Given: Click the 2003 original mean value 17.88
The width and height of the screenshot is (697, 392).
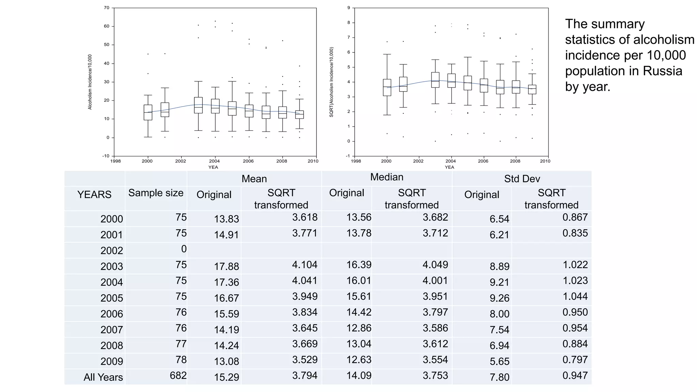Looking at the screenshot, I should (x=226, y=266).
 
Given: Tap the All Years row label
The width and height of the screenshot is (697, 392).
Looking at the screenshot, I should (x=103, y=377).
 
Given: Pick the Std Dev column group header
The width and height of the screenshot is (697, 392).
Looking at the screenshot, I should (x=522, y=179).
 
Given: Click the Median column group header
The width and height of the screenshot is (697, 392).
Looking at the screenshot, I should (x=387, y=177).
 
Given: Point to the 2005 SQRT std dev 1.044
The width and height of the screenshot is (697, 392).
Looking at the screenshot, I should (x=575, y=296).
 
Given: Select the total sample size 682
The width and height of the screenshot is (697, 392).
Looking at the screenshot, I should (x=178, y=375).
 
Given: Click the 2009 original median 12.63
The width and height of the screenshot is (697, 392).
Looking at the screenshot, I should (x=359, y=360).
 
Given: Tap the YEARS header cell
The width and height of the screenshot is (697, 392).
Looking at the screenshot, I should (x=94, y=195).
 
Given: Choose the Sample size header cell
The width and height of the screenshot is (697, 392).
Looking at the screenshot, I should (x=156, y=193).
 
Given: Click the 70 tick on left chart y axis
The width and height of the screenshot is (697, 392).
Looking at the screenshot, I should (x=107, y=8).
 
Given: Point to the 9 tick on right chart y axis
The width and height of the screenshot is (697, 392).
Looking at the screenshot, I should (x=348, y=8).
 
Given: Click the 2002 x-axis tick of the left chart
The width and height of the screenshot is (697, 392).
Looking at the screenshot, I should (x=180, y=161).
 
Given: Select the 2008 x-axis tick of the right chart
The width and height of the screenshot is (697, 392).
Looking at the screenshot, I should (x=515, y=161).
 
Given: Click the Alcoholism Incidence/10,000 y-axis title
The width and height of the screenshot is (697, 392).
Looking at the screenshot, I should (x=90, y=82).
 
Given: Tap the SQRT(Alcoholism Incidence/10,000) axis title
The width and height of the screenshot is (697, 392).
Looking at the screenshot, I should (x=331, y=82).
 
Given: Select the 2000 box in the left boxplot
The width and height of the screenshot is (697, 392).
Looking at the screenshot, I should (x=148, y=112).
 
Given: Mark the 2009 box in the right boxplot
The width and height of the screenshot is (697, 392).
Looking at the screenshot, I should (x=532, y=89).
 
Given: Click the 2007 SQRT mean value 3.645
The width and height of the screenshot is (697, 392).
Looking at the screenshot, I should (x=305, y=328).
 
